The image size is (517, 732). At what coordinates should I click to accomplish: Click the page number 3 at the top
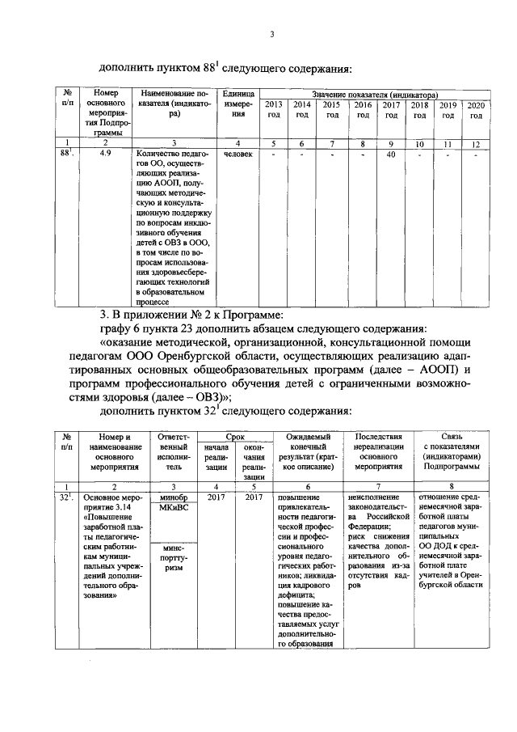[272, 35]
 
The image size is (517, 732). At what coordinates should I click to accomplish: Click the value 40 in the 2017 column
[389, 154]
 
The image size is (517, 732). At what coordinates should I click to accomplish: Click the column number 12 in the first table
[476, 143]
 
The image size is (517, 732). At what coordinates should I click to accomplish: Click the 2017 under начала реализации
[216, 497]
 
